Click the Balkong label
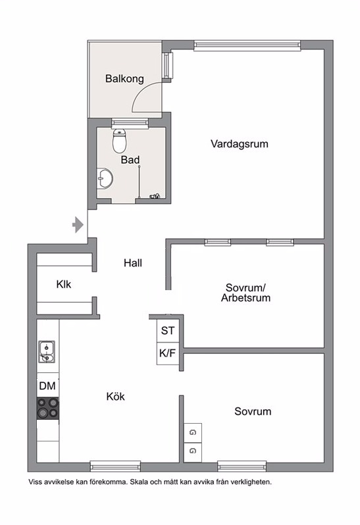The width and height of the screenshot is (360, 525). click(x=124, y=79)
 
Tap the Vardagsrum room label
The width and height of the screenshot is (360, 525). click(x=240, y=144)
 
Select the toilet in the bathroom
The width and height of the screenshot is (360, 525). click(x=119, y=141)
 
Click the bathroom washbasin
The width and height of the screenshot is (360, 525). click(x=105, y=178)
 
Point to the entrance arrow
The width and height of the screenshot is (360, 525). click(x=78, y=224)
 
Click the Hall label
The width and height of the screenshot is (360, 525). click(x=133, y=263)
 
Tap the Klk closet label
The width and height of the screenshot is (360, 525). click(x=64, y=284)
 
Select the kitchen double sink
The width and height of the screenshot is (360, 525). click(x=47, y=352)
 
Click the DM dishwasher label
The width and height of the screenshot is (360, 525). click(x=47, y=386)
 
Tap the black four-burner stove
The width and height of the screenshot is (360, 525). click(x=47, y=408)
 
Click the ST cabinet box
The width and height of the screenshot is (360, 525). click(x=168, y=331)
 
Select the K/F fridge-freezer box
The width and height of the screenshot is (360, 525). click(x=168, y=353)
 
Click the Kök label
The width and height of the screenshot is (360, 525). click(x=116, y=397)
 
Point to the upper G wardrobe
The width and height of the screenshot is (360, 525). click(x=193, y=433)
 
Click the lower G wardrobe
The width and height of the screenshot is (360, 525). click(x=193, y=452)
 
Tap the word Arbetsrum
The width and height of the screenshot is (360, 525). click(x=245, y=298)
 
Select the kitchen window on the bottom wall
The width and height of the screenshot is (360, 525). click(x=115, y=466)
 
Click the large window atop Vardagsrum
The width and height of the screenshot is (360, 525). click(x=247, y=45)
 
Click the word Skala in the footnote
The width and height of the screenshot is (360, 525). click(x=139, y=482)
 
